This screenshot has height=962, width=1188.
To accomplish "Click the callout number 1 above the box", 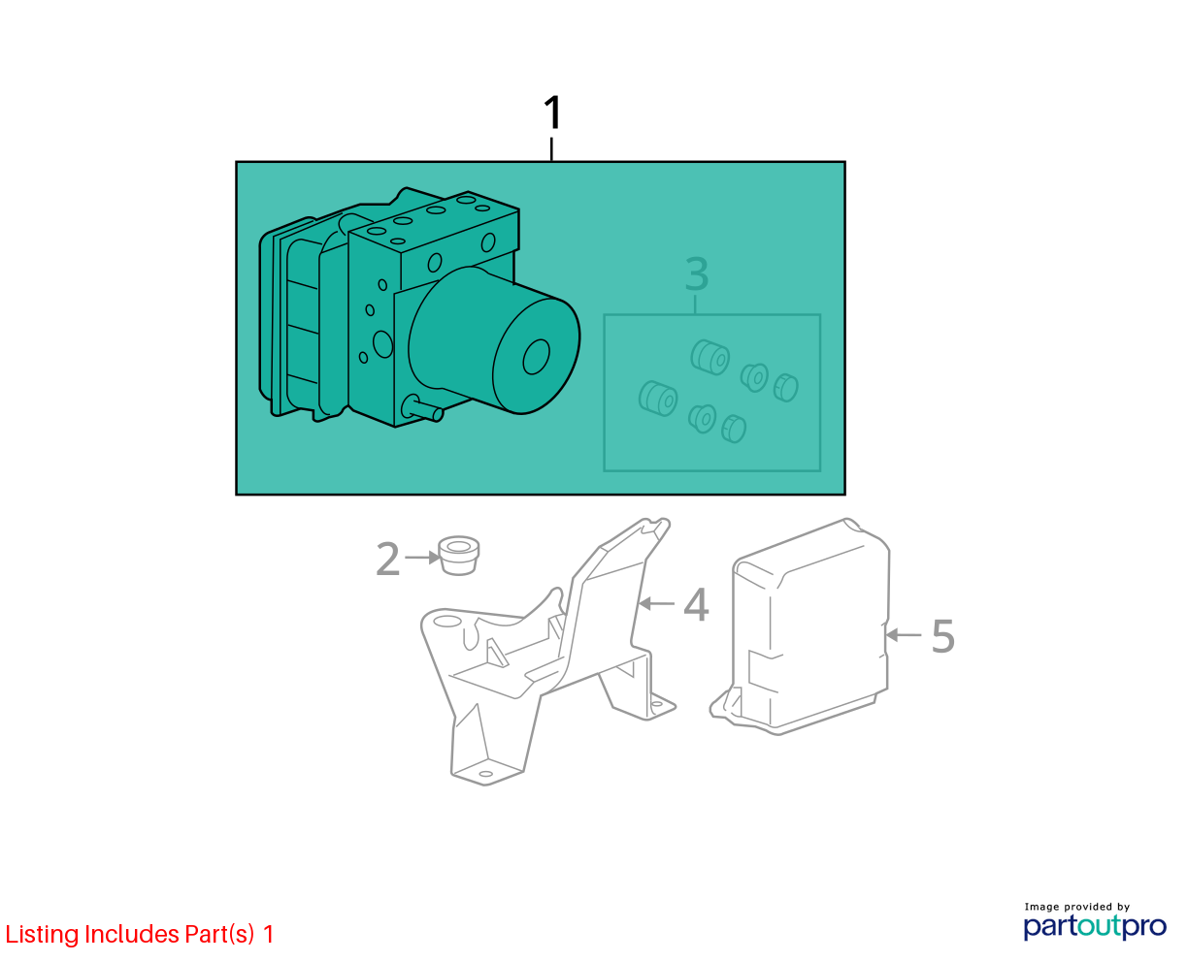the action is click(552, 112).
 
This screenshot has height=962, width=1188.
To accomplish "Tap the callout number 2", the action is click(388, 559).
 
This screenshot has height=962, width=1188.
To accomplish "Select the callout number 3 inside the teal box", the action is click(697, 273).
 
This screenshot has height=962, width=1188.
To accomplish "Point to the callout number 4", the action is click(696, 604).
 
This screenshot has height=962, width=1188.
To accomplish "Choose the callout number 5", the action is click(943, 636).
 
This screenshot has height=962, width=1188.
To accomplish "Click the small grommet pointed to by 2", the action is click(458, 555).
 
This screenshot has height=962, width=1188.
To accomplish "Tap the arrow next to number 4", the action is click(656, 603).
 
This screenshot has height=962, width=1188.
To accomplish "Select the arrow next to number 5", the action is click(904, 635).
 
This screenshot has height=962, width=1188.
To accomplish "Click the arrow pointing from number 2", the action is click(422, 557).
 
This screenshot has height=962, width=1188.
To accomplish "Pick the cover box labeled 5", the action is click(802, 627).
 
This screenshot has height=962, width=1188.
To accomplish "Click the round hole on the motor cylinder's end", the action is click(536, 357).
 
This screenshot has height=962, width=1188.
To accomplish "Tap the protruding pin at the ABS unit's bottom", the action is click(422, 409).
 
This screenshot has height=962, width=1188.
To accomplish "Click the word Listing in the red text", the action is click(42, 935).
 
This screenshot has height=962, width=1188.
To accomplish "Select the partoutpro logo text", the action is click(1095, 928).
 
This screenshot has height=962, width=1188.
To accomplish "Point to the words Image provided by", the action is click(1077, 907).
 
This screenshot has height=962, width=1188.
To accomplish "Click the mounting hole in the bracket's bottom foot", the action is click(486, 774).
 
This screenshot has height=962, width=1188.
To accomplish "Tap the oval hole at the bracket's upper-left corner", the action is click(447, 622).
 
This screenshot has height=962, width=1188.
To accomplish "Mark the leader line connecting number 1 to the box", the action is click(551, 149).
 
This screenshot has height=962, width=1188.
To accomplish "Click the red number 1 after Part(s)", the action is click(268, 934).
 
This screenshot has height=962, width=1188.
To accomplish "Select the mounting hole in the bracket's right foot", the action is click(657, 704).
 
